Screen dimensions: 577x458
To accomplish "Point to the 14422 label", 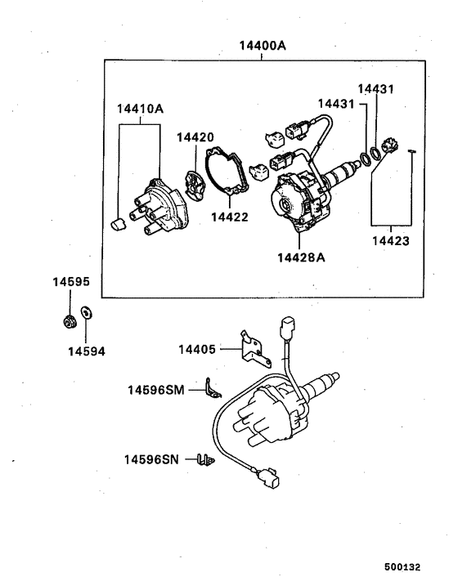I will (x=230, y=217).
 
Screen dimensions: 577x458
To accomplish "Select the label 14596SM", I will (x=155, y=391).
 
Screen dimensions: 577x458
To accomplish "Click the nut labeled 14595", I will (x=70, y=320).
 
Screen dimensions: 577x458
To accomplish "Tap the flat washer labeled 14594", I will (x=88, y=314).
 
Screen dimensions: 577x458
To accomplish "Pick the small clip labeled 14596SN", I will (x=205, y=460).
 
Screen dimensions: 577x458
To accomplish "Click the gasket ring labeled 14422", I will (x=227, y=174).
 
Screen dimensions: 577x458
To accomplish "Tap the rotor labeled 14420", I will (x=195, y=181).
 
